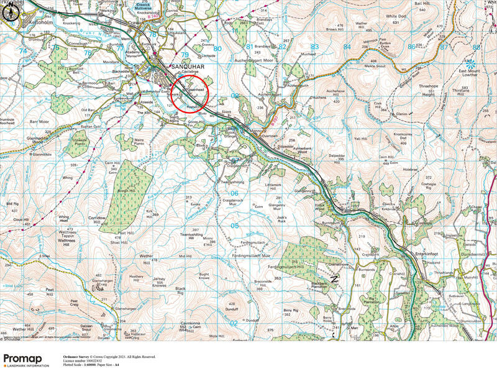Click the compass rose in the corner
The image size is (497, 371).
11,11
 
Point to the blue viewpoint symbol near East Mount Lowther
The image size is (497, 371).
470,62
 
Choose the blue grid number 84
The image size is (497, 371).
347,47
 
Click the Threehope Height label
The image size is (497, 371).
429,92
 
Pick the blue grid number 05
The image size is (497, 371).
234,226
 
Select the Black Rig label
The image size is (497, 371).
181,291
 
